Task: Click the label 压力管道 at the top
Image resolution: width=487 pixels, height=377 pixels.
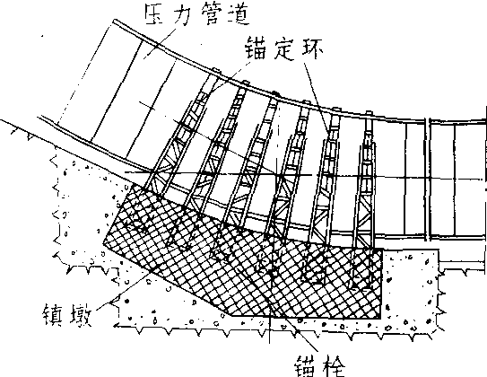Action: tap(197, 14)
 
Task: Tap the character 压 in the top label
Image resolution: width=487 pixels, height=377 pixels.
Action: tap(157, 15)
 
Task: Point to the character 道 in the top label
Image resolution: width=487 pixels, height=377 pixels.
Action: tap(239, 14)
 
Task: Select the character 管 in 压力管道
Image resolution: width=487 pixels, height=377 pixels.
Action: tap(211, 14)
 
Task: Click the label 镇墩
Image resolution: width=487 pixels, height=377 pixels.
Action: tap(67, 314)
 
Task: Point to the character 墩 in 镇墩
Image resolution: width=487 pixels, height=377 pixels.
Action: tap(81, 314)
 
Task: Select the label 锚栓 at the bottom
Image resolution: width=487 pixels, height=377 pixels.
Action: tap(320, 367)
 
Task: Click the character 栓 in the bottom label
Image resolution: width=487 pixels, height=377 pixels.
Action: tap(334, 367)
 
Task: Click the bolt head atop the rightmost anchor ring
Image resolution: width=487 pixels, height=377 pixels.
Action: tap(369, 112)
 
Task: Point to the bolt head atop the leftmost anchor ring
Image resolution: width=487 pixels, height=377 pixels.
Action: tap(215, 70)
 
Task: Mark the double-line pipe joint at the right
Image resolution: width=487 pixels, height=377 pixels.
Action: tap(428, 180)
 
